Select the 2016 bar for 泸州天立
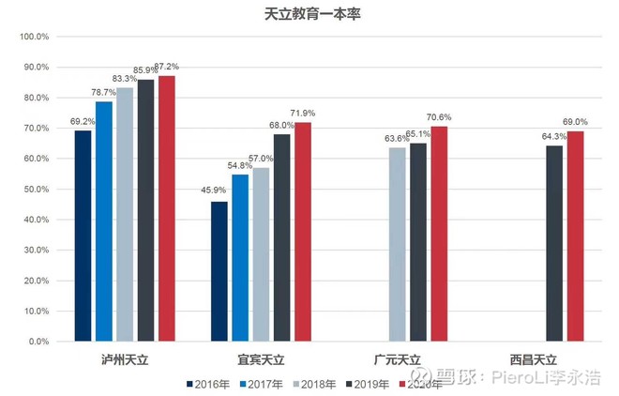(x=83, y=236)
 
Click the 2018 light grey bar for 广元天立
(x=398, y=244)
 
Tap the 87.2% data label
(x=167, y=67)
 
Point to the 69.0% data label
(x=576, y=122)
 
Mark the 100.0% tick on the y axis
(x=35, y=37)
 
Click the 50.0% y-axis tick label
(x=37, y=190)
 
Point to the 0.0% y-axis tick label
(x=39, y=342)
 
